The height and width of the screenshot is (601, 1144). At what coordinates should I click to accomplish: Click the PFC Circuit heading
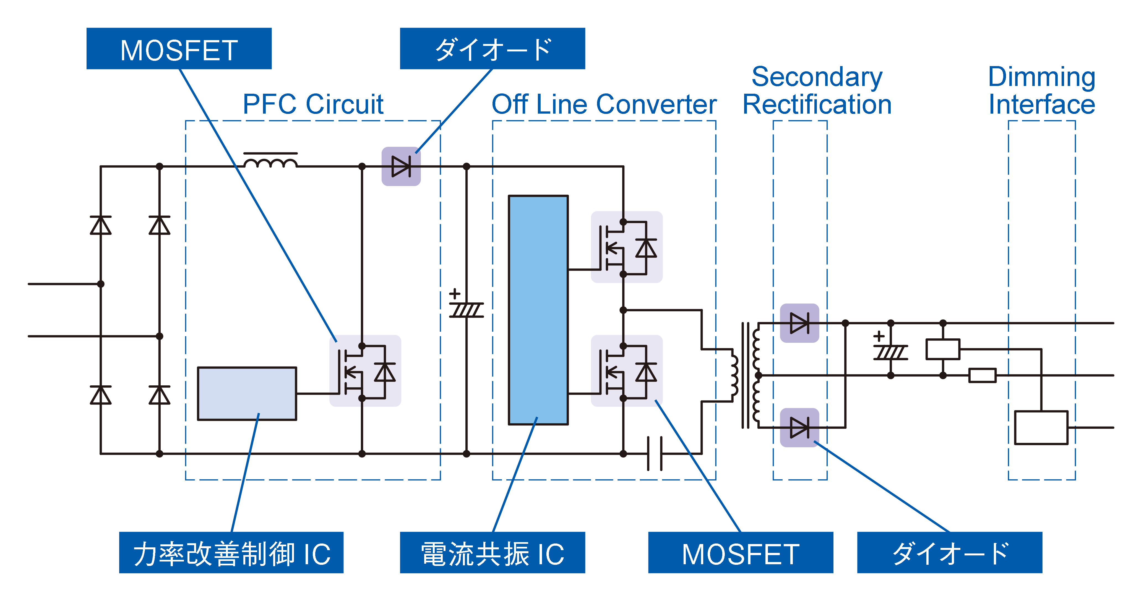click(x=313, y=104)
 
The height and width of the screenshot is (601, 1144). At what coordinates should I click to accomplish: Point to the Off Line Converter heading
click(x=604, y=104)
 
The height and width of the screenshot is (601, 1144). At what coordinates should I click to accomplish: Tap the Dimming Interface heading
click(x=1041, y=91)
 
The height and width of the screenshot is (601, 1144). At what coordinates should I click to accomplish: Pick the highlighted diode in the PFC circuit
click(x=401, y=166)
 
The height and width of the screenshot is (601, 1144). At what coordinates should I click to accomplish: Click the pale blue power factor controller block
click(x=247, y=393)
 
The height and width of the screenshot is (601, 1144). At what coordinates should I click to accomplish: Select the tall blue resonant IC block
click(x=538, y=310)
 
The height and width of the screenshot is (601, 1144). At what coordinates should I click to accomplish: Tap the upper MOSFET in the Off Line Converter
click(x=626, y=247)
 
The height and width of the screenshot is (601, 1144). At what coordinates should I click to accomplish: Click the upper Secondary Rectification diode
click(x=799, y=323)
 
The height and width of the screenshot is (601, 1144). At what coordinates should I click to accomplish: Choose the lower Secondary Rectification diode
click(x=799, y=427)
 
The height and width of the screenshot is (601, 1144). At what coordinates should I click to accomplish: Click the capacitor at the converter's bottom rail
click(x=655, y=454)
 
